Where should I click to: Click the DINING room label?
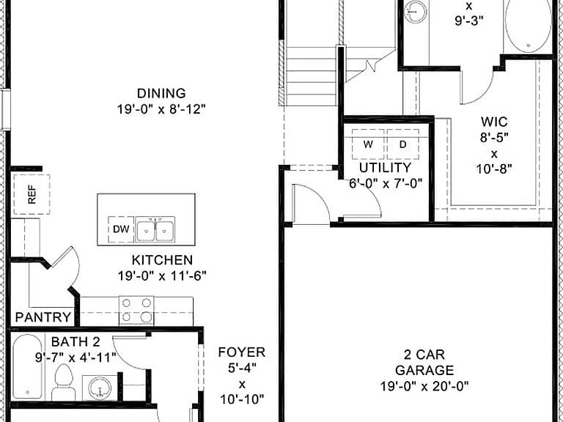point(161,93)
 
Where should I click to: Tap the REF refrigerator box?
point(32,194)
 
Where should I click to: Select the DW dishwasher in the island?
point(121,229)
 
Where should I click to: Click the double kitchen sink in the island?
point(155,229)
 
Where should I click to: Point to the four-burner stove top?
point(136,311)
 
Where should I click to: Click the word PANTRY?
point(43,317)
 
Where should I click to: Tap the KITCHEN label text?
point(162,260)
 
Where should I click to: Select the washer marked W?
point(368,144)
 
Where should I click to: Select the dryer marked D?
point(403,144)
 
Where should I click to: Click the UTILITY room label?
point(386,168)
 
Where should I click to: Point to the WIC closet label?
point(494,122)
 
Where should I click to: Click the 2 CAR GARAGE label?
point(424,362)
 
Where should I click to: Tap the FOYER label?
point(242,352)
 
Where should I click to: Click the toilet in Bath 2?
point(64,382)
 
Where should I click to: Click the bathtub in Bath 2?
point(28,367)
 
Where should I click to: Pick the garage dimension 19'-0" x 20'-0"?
point(424,387)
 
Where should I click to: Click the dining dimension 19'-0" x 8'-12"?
point(161,109)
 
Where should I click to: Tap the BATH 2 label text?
point(76,341)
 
